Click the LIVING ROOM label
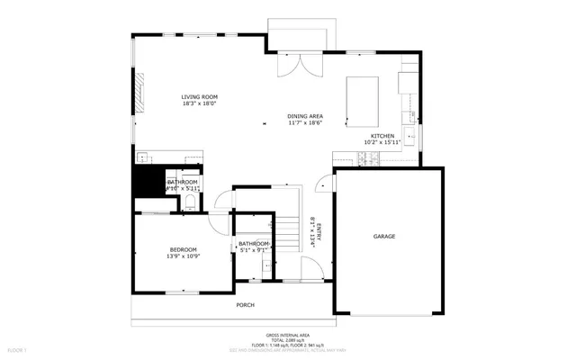pos(199,96)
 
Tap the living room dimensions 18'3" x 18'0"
pos(199,103)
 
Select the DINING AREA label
pos(305,116)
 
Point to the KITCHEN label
pos(379,135)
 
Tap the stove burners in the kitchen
pos(369,159)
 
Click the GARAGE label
pos(384,236)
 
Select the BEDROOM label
pos(184,249)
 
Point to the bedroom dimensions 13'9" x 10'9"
pos(183,256)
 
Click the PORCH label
pos(245,305)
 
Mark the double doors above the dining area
pos(298,65)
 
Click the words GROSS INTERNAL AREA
pos(288,333)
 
